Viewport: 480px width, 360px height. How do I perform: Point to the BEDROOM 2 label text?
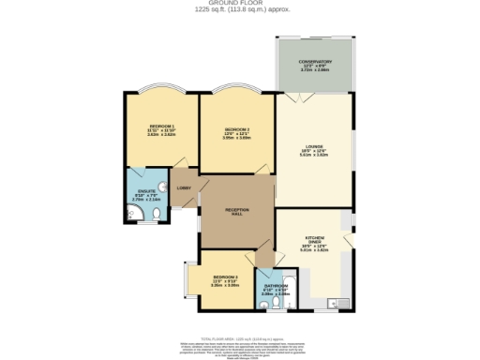tap(236, 129)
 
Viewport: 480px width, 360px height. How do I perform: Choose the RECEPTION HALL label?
tap(235, 211)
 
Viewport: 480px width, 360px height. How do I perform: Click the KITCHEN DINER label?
tap(314, 242)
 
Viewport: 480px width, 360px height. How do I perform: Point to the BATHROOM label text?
tap(275, 286)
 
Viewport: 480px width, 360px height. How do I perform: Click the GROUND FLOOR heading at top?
tap(240, 4)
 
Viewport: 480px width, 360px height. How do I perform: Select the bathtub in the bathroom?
tap(285, 301)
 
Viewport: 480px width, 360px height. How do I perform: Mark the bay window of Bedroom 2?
tap(235, 91)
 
